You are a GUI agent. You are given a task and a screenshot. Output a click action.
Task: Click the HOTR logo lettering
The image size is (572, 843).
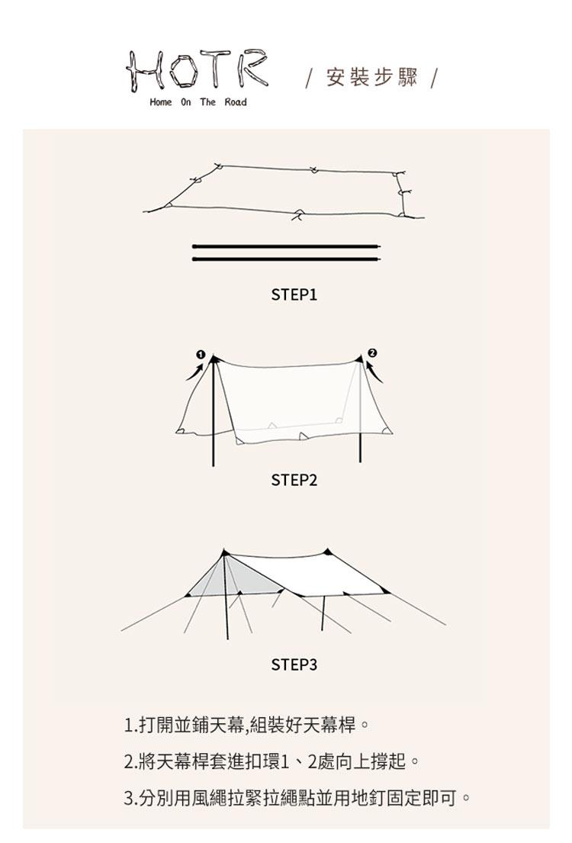(x=197, y=70)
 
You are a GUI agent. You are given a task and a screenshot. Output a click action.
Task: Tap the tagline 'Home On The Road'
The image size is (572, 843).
(x=198, y=102)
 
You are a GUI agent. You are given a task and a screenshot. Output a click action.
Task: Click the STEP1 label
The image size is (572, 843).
(x=294, y=294)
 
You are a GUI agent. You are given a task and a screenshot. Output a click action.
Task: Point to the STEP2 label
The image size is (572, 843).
(x=294, y=480)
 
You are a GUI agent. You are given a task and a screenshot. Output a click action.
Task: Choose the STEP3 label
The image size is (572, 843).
(x=294, y=664)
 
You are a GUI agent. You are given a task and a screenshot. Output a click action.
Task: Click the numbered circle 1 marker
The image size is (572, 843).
(x=201, y=354)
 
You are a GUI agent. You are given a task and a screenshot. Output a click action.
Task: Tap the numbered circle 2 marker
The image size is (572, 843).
(x=372, y=353)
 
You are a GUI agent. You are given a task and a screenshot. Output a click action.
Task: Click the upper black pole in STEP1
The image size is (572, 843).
(x=287, y=246)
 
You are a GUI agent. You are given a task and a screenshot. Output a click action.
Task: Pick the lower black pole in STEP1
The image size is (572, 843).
(x=287, y=259)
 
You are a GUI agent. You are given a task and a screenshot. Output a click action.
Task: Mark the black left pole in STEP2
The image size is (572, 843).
(x=214, y=411)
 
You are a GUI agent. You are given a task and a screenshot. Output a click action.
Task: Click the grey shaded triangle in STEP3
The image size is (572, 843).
(x=236, y=578)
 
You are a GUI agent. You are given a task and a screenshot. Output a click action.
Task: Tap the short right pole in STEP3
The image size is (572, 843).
(x=323, y=613)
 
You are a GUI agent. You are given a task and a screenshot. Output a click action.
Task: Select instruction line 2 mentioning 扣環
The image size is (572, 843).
(x=272, y=761)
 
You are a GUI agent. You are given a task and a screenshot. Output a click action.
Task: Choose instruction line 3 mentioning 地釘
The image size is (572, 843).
(x=297, y=798)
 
